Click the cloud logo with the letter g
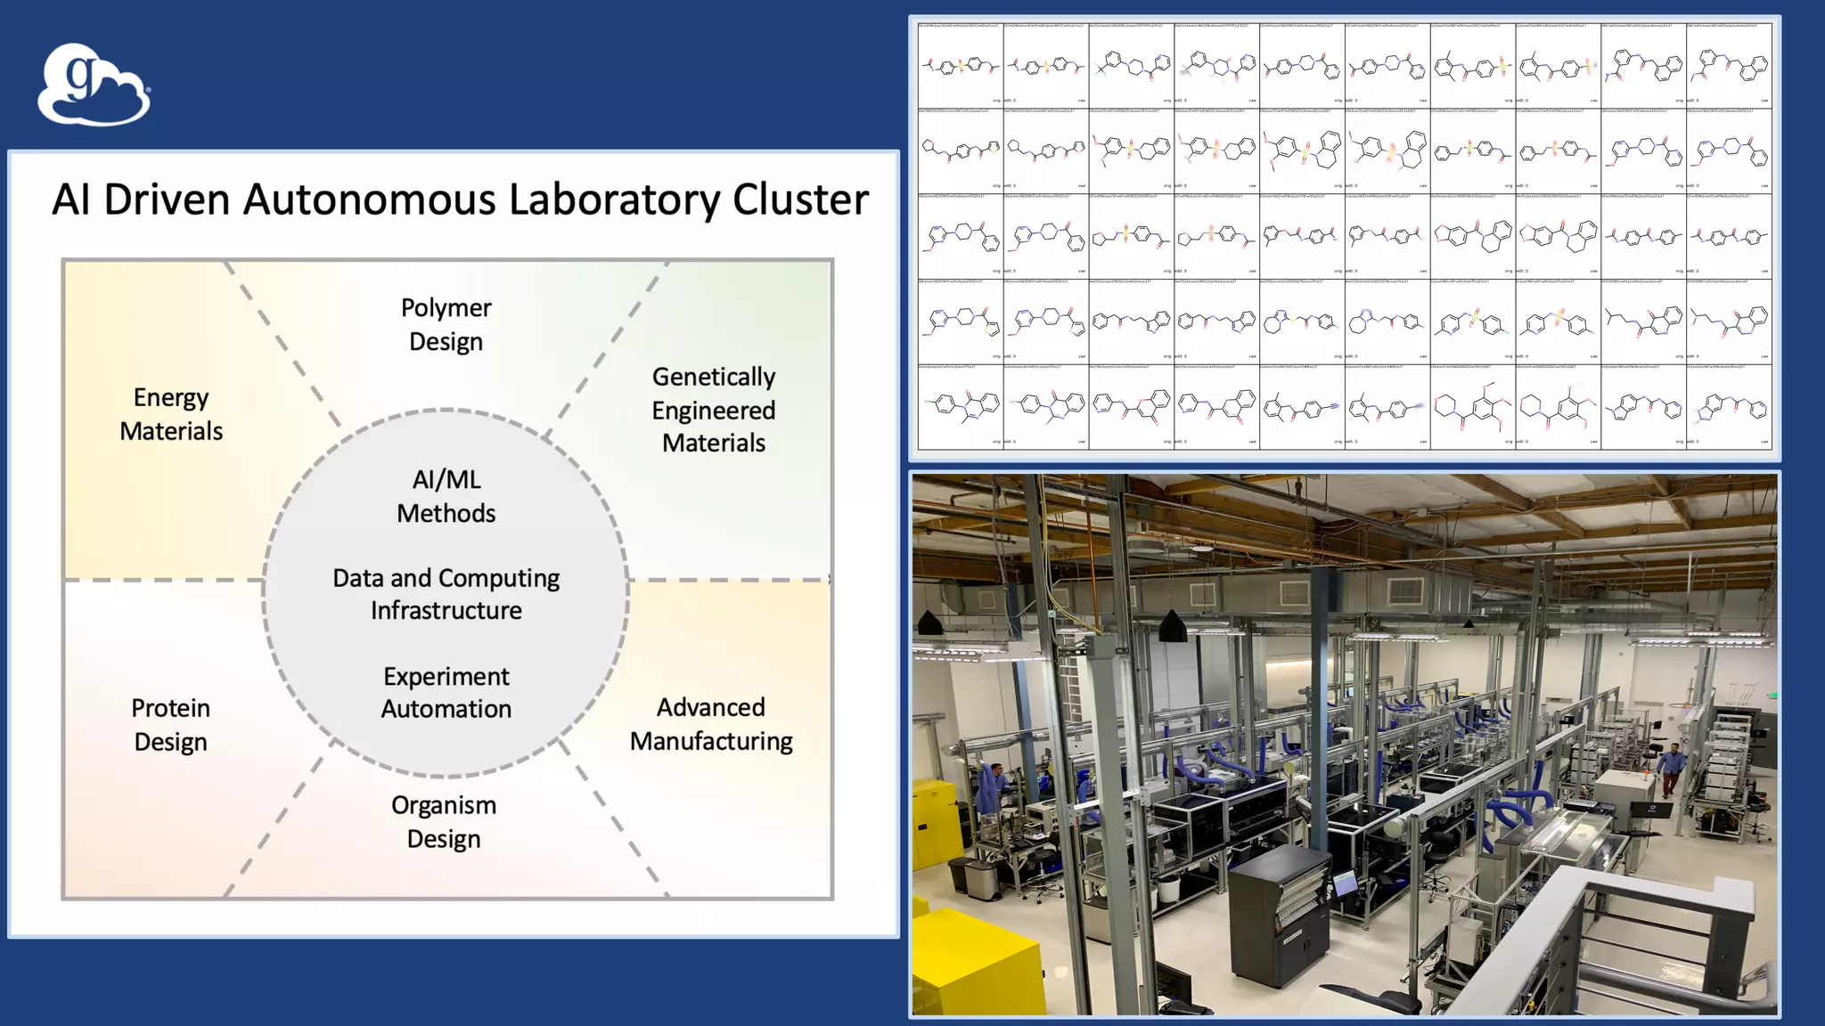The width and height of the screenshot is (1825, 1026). click(93, 85)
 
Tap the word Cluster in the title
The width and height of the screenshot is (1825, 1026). click(800, 199)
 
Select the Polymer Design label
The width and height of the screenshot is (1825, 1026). click(446, 324)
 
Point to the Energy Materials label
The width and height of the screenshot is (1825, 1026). click(171, 414)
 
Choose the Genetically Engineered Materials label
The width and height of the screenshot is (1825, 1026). click(713, 410)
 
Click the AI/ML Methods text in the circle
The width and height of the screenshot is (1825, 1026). click(446, 496)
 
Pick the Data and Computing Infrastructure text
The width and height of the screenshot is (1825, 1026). click(446, 594)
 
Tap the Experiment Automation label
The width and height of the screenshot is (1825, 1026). click(446, 692)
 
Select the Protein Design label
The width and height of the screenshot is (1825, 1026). click(170, 725)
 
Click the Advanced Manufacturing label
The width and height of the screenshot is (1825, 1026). click(711, 724)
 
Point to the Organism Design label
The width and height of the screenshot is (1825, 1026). click(444, 822)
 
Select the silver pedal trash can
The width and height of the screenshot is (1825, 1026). click(979, 877)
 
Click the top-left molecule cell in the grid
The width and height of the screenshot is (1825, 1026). click(961, 65)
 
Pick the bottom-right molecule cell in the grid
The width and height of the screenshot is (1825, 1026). click(1729, 407)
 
